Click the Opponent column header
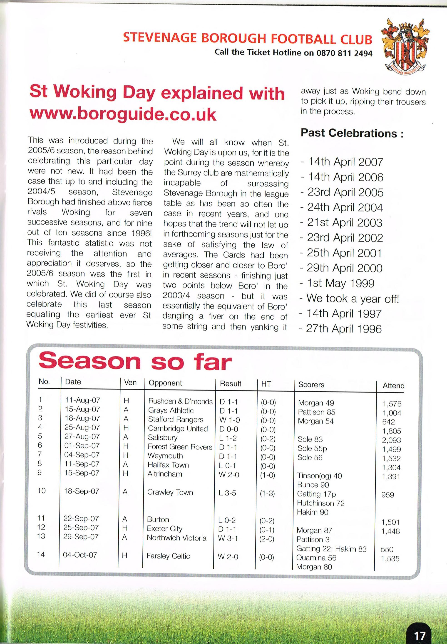(x=165, y=383)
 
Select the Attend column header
(x=393, y=386)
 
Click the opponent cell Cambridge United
(x=178, y=429)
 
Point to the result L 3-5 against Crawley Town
(x=227, y=493)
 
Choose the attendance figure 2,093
(x=391, y=440)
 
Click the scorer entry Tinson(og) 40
(x=319, y=476)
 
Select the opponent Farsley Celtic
(x=168, y=556)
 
